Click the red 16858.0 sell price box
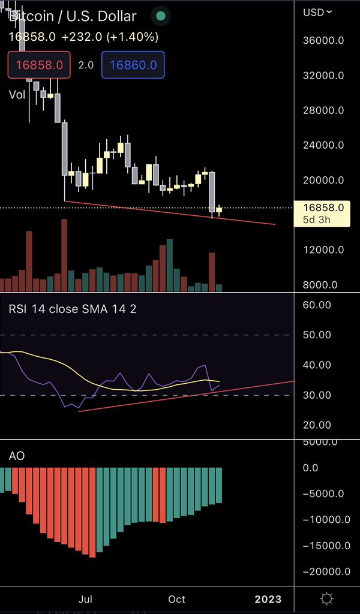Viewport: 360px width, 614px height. coord(39,65)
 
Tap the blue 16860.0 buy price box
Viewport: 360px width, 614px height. coord(133,65)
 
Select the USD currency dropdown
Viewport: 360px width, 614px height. coord(317,12)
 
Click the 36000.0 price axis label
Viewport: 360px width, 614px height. coord(324,41)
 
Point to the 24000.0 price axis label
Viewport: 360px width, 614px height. coord(324,145)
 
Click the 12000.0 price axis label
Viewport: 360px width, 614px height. coord(324,250)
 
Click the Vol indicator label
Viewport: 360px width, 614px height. coord(18,94)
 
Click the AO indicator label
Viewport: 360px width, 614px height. coord(16,456)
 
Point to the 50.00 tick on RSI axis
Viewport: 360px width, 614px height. coord(317,335)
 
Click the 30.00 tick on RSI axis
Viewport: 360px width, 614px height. coord(317,395)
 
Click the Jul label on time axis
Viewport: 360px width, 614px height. coord(86,599)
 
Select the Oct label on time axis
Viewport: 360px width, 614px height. coord(176,599)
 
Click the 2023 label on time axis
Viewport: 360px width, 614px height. coord(268,599)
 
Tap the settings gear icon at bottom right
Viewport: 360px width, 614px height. coord(327,598)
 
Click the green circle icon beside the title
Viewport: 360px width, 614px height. coord(160,16)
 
